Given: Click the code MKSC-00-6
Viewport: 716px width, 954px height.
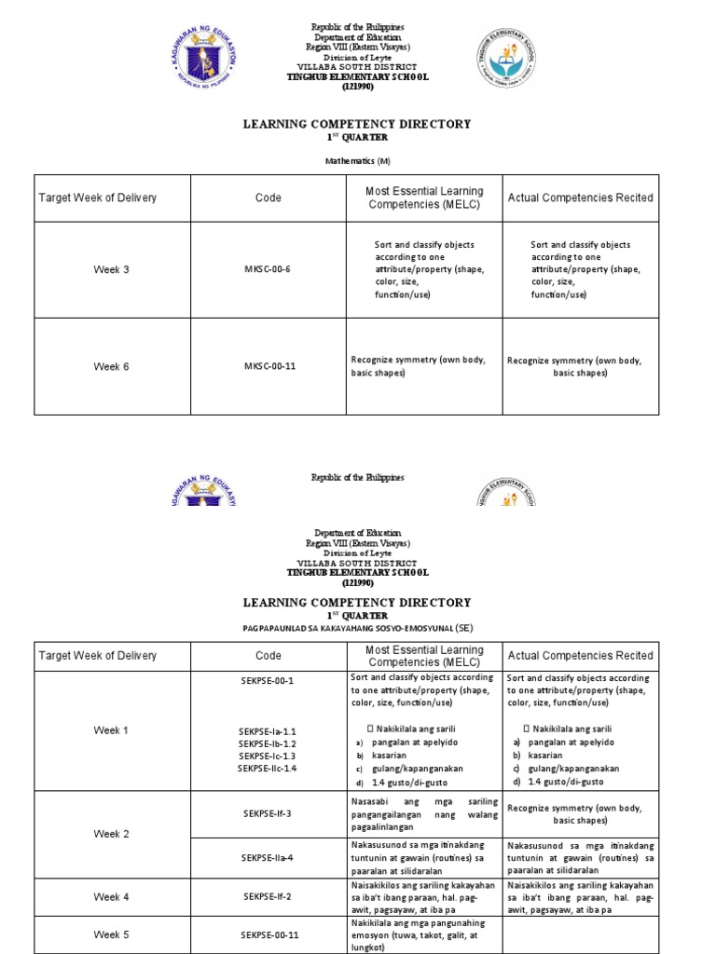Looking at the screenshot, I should coord(268,270).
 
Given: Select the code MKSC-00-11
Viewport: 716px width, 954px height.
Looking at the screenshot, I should coord(269,366).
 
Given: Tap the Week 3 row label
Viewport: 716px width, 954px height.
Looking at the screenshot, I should coord(112,270).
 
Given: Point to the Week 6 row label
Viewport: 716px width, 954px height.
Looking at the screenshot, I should coord(112,366).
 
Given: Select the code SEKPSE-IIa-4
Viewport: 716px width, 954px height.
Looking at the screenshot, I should coord(268,857).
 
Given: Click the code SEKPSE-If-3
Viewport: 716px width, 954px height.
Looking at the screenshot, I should coord(268,813).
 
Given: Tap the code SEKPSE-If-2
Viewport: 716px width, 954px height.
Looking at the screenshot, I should coord(268,896).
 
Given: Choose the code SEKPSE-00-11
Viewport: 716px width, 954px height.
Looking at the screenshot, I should coord(268,934).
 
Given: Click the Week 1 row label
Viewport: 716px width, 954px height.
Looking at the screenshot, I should coord(112,730).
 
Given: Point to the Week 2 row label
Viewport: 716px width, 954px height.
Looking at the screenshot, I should coord(112,834).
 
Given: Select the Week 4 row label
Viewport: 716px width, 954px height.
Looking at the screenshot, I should coord(112,896).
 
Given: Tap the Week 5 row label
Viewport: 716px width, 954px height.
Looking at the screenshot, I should coord(112,934).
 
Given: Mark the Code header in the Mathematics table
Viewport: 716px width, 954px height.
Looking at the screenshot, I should coord(268,198).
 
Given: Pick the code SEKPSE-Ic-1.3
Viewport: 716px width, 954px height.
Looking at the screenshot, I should coord(268,756).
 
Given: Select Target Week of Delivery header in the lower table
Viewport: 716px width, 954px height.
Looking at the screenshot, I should coord(98,656).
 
